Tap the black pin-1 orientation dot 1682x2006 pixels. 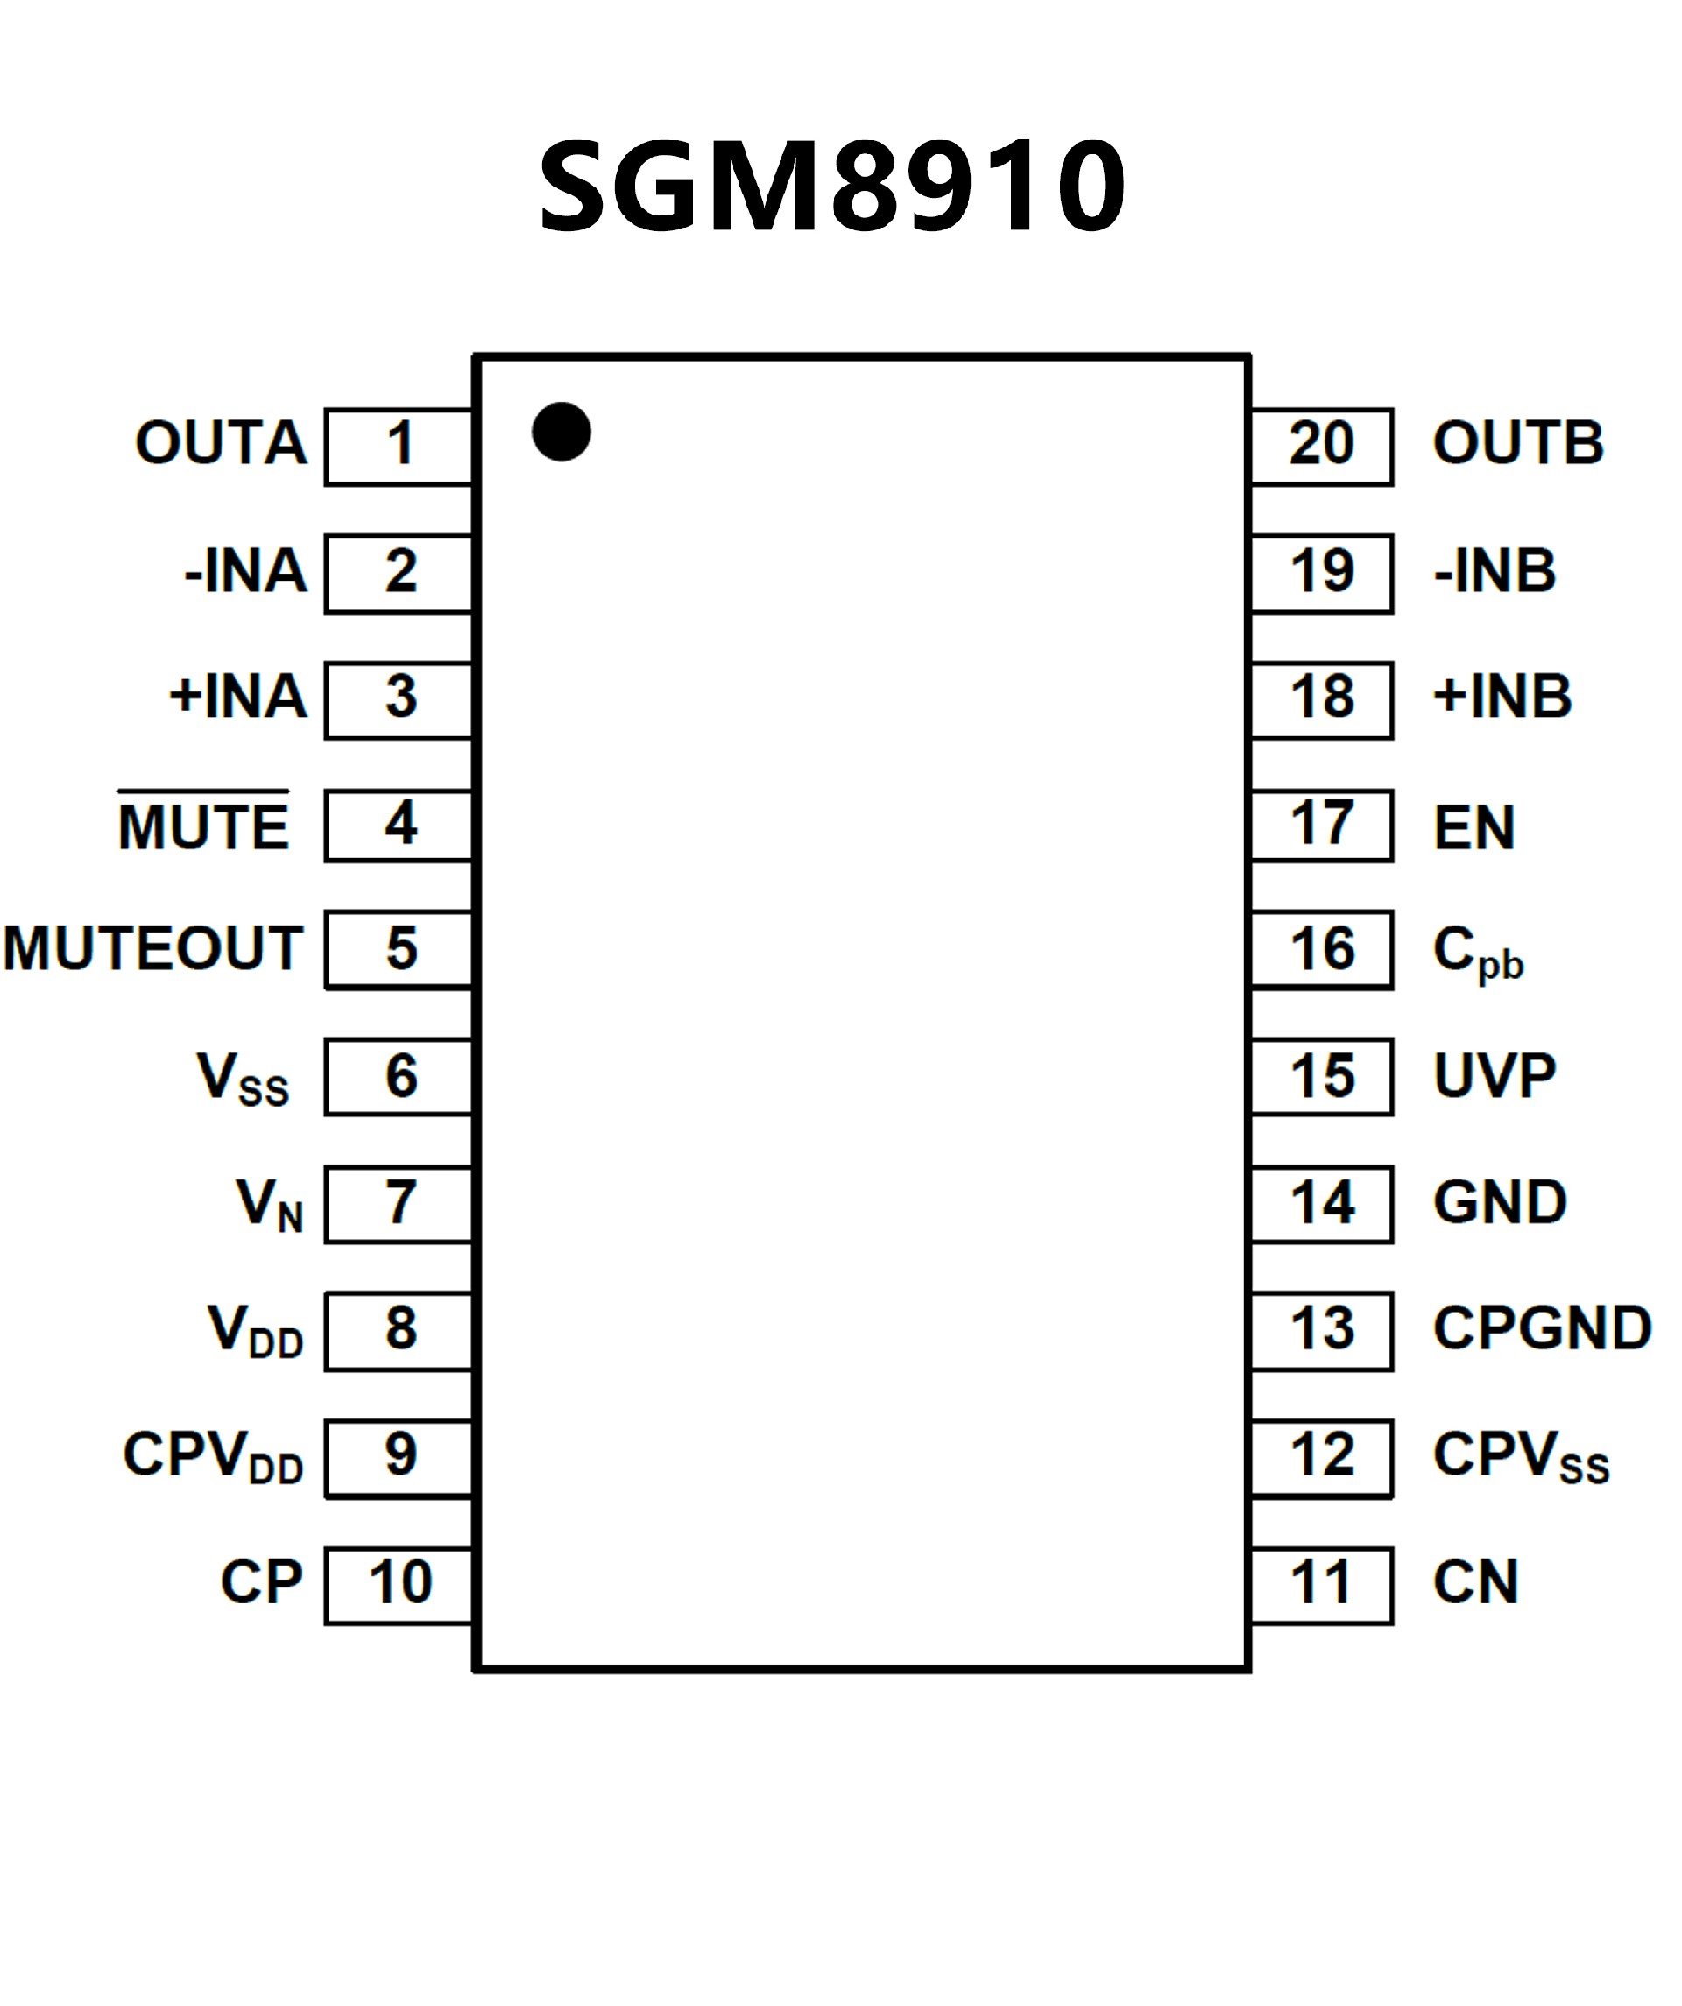(561, 432)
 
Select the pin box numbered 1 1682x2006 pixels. (399, 446)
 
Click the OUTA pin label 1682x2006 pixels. (221, 443)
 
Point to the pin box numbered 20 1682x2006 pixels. (1322, 446)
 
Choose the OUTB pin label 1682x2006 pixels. (1517, 443)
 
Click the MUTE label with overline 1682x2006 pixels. (202, 823)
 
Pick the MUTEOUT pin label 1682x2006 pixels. (153, 948)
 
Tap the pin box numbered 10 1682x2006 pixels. (399, 1583)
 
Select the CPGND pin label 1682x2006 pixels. (1542, 1327)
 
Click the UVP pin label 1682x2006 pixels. (1495, 1075)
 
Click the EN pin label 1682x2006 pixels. (1474, 827)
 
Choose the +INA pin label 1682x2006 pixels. (238, 696)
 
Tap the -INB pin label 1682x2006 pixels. (1495, 571)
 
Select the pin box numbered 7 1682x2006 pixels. (399, 1204)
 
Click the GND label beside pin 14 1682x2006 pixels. (1500, 1201)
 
